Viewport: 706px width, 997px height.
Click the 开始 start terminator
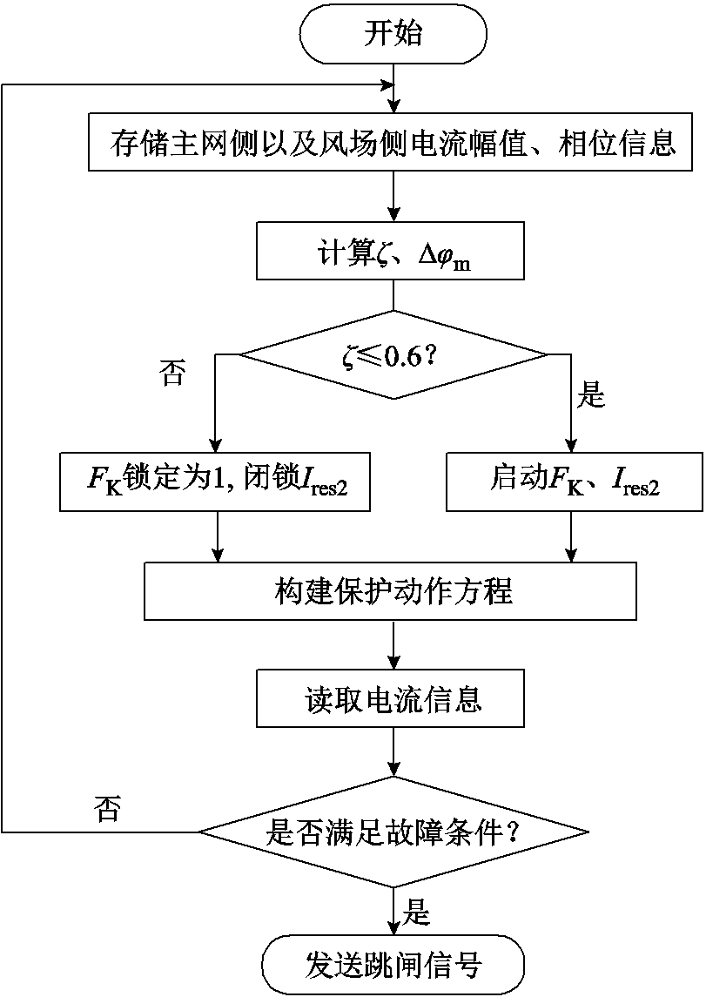(393, 34)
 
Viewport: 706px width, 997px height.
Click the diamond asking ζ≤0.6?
(393, 354)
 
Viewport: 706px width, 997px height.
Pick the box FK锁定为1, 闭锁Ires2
(214, 482)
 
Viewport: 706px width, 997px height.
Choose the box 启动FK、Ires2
(573, 482)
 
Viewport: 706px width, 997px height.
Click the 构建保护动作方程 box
(393, 591)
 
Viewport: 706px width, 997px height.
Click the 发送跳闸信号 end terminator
(393, 965)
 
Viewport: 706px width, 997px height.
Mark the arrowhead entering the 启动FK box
(573, 444)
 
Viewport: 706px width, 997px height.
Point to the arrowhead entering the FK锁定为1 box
(214, 444)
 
